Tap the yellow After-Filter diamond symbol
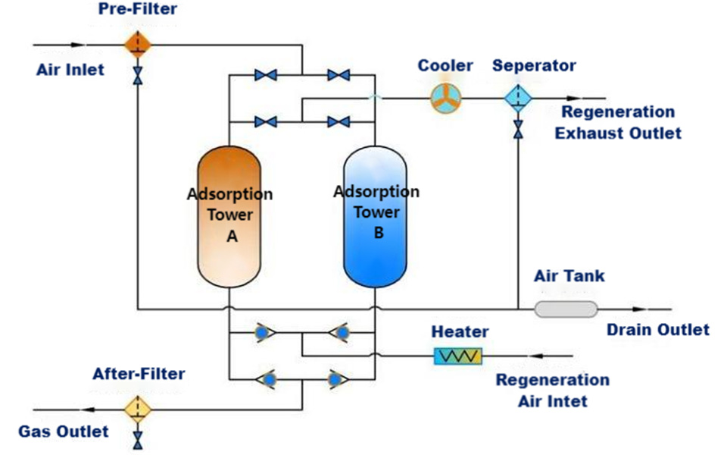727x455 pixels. point(138,408)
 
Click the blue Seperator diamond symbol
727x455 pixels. point(518,98)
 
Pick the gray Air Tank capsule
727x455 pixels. point(566,309)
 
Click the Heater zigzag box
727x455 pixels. point(457,355)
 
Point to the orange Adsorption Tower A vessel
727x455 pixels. point(229,215)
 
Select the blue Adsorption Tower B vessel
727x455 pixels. point(376,215)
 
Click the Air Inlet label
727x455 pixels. point(70,70)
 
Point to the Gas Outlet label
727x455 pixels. point(64,431)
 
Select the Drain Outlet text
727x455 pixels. point(658,329)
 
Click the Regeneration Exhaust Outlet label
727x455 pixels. point(617,122)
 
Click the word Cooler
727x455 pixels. point(445,66)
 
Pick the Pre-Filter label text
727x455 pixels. point(137,10)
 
